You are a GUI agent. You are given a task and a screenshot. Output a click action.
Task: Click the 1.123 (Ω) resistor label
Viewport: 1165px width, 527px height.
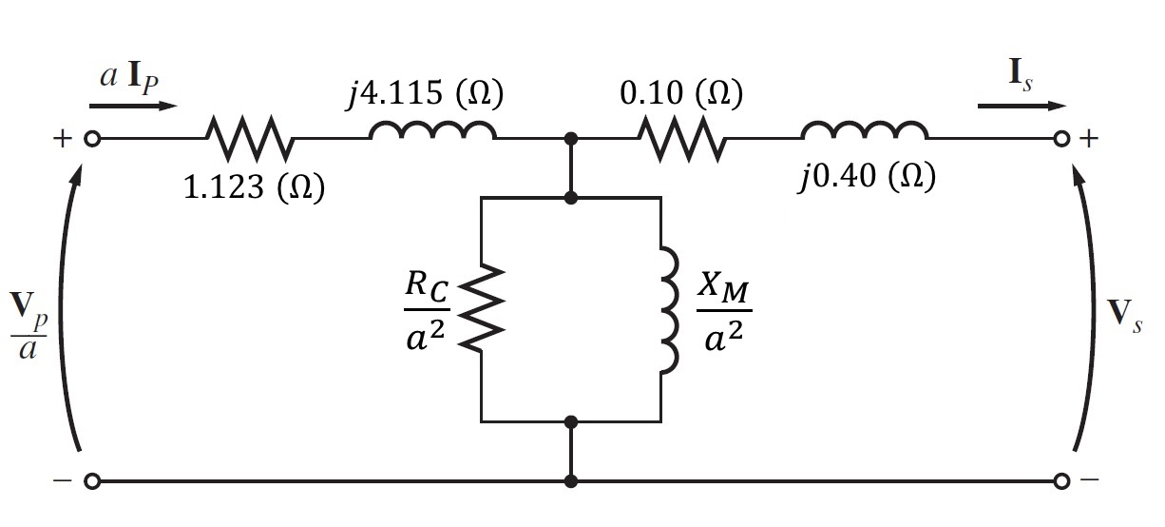click(253, 187)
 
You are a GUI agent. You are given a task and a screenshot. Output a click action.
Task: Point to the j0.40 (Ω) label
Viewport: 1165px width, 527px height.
click(867, 178)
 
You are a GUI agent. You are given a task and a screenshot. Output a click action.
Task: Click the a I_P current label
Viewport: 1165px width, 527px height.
click(130, 77)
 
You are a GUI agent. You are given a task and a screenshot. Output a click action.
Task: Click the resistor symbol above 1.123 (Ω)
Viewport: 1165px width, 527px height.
click(250, 139)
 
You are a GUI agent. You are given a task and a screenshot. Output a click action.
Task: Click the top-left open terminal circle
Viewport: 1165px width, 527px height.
click(92, 139)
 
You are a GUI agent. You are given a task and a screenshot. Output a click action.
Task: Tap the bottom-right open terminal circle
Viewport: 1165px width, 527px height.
click(1062, 480)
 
